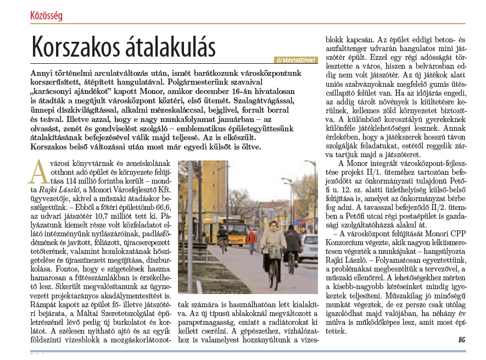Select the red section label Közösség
coord(46,15)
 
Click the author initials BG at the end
coord(461,340)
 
